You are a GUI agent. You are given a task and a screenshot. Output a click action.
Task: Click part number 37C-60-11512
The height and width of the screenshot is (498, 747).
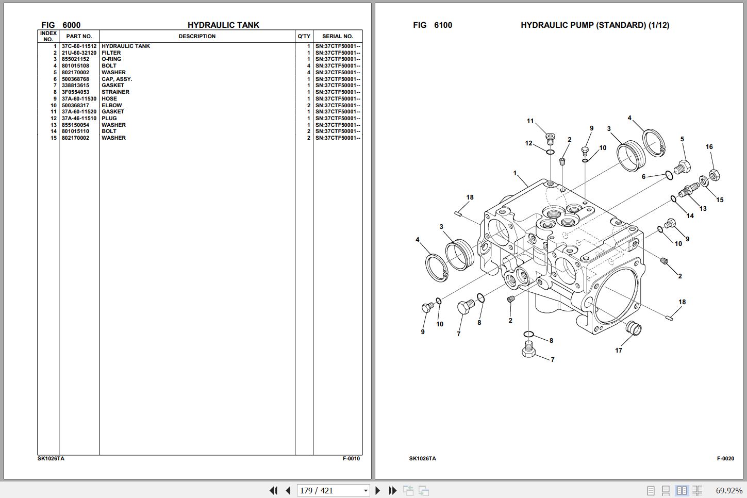(79, 46)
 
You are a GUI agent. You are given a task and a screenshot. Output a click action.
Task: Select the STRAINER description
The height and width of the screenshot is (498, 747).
(115, 92)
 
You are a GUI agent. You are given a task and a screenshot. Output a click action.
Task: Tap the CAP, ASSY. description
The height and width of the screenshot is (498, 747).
(117, 79)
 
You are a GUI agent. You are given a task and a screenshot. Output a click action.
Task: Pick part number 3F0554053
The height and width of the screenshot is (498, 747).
(75, 92)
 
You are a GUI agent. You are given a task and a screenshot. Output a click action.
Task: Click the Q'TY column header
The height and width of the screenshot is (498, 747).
(304, 36)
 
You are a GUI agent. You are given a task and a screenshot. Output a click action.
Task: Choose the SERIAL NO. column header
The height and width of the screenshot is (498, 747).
(338, 36)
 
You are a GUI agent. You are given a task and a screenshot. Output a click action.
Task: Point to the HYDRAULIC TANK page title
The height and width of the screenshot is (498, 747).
(223, 25)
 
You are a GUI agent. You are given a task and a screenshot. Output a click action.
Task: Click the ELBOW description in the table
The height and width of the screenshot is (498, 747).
(112, 105)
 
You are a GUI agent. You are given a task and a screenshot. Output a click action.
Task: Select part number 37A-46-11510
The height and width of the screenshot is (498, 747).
(79, 119)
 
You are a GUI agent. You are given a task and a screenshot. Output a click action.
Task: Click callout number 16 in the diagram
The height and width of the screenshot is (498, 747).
(709, 147)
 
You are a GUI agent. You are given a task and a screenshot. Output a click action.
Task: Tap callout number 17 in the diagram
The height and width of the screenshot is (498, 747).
(619, 350)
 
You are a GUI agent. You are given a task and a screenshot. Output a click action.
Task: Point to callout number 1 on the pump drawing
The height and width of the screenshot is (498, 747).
(515, 173)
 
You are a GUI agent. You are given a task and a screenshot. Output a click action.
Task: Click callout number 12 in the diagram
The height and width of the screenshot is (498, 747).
(528, 143)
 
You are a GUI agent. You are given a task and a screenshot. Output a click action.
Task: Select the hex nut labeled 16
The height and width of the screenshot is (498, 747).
(715, 175)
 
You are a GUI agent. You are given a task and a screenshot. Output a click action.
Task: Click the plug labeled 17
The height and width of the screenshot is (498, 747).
(634, 328)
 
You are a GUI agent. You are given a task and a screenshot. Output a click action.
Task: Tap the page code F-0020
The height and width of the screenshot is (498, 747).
(725, 459)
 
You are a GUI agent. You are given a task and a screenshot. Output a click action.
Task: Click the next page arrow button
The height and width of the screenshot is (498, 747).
(377, 490)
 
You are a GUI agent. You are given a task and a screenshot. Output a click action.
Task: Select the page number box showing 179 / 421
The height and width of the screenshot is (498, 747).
(333, 490)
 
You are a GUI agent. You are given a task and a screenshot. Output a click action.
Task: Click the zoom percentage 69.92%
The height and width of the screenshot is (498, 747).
(729, 491)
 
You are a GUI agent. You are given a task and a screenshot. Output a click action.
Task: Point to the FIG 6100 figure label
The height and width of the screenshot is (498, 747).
(433, 25)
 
